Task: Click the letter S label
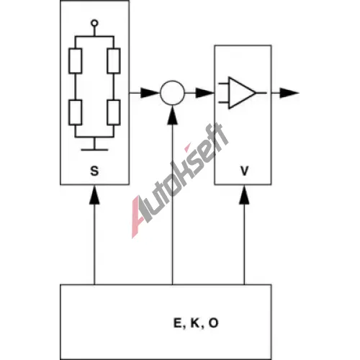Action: coord(94,171)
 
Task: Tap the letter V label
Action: coord(244,171)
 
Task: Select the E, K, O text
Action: coord(196,323)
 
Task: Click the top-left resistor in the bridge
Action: coord(75,60)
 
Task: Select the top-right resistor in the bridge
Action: coord(114,60)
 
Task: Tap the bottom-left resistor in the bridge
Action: coord(75,112)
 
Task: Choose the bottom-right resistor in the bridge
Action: coord(114,112)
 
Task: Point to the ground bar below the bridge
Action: coord(94,150)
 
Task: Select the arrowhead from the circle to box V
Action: coord(205,93)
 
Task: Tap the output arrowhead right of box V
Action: coord(289,93)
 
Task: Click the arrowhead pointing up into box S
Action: coord(94,195)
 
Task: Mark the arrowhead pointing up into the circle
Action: coord(172,114)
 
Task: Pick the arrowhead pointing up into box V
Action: coord(244,195)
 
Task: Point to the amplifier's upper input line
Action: coord(223,84)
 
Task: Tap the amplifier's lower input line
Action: coord(223,102)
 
